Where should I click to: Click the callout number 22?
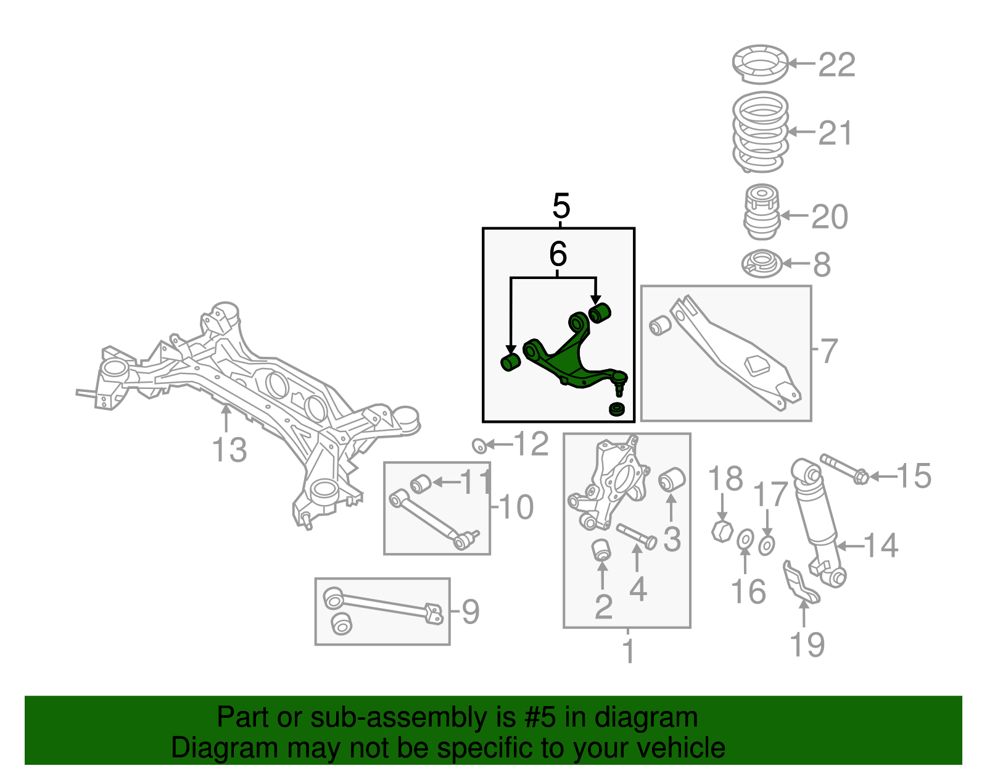click(837, 64)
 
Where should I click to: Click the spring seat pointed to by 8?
click(762, 264)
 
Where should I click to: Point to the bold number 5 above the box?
click(561, 206)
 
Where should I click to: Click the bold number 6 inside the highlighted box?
click(558, 254)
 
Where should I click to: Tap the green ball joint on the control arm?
click(620, 378)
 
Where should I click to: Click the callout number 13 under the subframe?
click(229, 449)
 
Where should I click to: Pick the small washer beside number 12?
click(478, 444)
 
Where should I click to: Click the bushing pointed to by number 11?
click(420, 483)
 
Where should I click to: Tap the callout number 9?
click(470, 612)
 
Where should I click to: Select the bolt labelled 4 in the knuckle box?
click(636, 535)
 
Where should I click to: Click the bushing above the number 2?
click(601, 549)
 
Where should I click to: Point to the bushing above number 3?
click(671, 480)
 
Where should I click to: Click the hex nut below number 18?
click(721, 530)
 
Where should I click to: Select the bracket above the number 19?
click(800, 583)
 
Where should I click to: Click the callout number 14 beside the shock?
click(880, 545)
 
